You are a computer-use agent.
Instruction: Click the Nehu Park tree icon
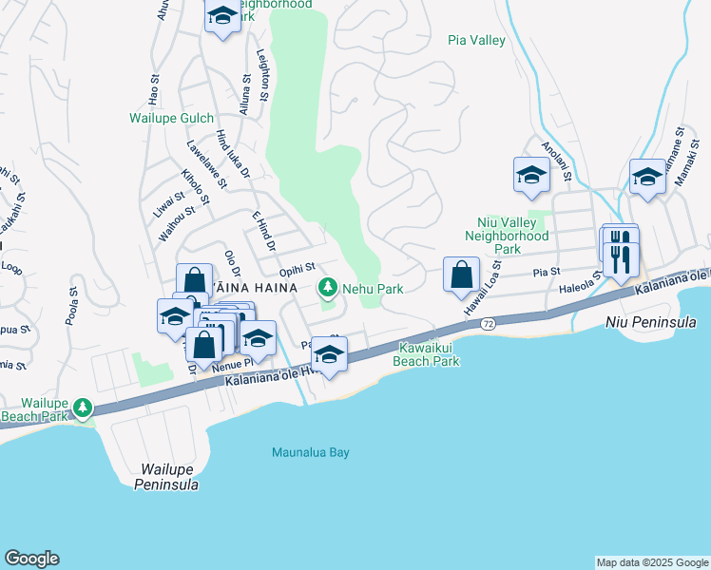coord(328,286)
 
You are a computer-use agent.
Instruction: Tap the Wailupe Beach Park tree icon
coord(83,408)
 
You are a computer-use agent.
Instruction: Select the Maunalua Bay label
coord(311,452)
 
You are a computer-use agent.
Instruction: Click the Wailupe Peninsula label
coord(170,477)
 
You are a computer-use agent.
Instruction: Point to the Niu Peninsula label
coord(651,323)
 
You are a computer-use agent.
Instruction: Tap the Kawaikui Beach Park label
coord(429,354)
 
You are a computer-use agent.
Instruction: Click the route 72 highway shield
coord(487,324)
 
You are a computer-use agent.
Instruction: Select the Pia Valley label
coord(476,40)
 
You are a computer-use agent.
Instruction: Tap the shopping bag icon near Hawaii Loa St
coord(461,275)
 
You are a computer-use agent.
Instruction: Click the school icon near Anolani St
coord(531,175)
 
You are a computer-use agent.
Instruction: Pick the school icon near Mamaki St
coord(648,177)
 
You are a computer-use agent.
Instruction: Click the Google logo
coord(31,559)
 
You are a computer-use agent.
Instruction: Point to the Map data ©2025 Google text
coord(651,562)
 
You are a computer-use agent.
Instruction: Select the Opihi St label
coord(297,272)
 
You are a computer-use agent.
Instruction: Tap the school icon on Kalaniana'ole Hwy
coord(330,355)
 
